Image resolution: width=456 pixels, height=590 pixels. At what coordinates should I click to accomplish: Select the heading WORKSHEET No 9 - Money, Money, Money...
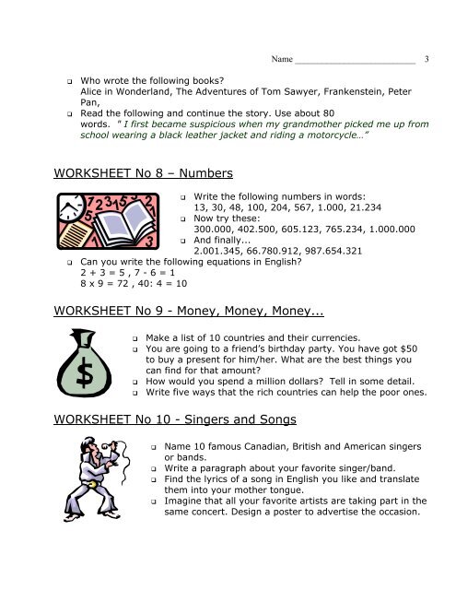point(176,292)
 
